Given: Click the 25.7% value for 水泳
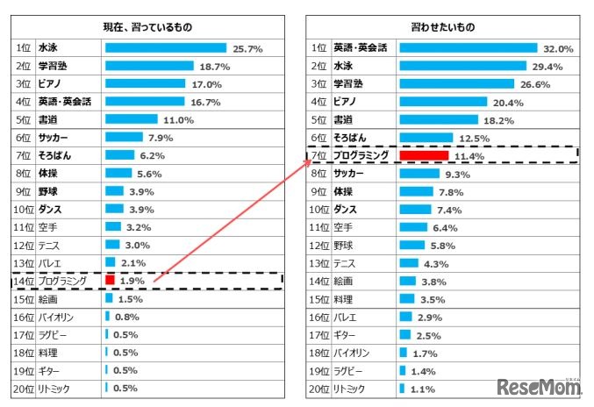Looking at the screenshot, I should (247, 49).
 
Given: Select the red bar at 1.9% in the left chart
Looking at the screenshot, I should (111, 281).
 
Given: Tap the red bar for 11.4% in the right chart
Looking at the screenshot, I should (424, 156).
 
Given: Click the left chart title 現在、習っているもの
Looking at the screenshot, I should (149, 28).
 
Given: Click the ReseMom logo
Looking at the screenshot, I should (538, 388).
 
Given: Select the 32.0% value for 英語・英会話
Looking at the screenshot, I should (558, 49).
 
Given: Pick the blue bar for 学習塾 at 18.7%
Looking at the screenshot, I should (149, 66).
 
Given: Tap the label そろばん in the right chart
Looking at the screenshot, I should (352, 139).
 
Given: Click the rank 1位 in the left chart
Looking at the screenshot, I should (24, 49).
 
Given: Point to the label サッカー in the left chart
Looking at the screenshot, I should (54, 138).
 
